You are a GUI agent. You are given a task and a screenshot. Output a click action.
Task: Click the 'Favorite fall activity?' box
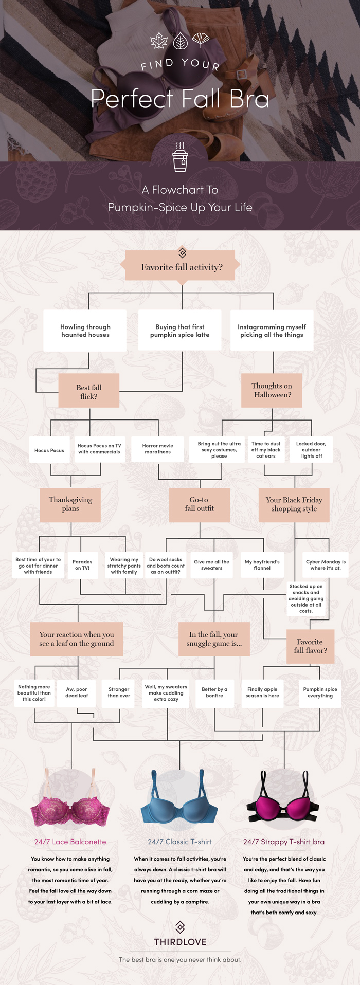pyautogui.click(x=181, y=266)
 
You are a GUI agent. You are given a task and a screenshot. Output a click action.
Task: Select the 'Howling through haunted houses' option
pyautogui.click(x=85, y=331)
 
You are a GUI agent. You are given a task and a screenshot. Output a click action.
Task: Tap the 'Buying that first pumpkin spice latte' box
pyautogui.click(x=180, y=331)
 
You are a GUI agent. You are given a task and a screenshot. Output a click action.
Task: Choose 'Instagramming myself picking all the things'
pyautogui.click(x=272, y=331)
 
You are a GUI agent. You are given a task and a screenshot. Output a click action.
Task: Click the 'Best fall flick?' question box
pyautogui.click(x=89, y=391)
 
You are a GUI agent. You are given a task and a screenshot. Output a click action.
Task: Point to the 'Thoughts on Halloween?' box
pyautogui.click(x=272, y=390)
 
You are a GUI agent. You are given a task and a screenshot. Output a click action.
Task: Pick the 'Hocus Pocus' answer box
pyautogui.click(x=49, y=450)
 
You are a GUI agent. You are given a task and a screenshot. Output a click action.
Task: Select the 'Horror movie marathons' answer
pyautogui.click(x=157, y=449)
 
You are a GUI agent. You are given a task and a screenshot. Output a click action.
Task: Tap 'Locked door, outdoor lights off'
pyautogui.click(x=311, y=449)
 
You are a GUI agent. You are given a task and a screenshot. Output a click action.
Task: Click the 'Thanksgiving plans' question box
pyautogui.click(x=70, y=504)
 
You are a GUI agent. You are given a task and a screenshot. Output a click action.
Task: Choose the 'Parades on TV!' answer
pyautogui.click(x=82, y=564)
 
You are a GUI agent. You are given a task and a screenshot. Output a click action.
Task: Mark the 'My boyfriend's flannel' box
pyautogui.click(x=262, y=564)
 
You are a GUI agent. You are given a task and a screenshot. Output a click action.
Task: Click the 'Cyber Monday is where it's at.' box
pyautogui.click(x=326, y=564)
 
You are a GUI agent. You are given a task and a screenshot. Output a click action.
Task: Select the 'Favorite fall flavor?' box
pyautogui.click(x=310, y=646)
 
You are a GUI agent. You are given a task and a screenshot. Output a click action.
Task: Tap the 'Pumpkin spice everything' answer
pyautogui.click(x=320, y=692)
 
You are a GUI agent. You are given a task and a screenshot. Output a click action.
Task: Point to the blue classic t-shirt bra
pyautogui.click(x=179, y=802)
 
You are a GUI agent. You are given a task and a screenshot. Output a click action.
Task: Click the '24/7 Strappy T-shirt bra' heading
pyautogui.click(x=283, y=842)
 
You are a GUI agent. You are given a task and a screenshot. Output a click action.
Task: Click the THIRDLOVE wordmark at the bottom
pyautogui.click(x=180, y=942)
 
